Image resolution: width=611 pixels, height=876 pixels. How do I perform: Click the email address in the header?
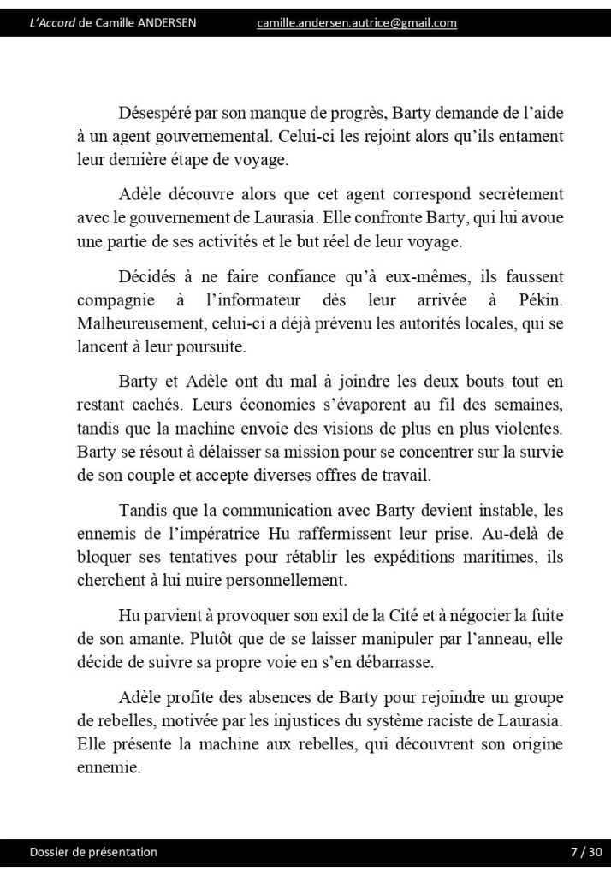click(356, 23)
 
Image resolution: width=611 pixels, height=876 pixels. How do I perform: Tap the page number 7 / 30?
click(586, 852)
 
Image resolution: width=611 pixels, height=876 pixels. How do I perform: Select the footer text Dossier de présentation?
click(93, 852)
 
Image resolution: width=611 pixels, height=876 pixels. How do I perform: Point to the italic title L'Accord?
click(52, 23)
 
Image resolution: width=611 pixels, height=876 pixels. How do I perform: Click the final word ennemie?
click(106, 767)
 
